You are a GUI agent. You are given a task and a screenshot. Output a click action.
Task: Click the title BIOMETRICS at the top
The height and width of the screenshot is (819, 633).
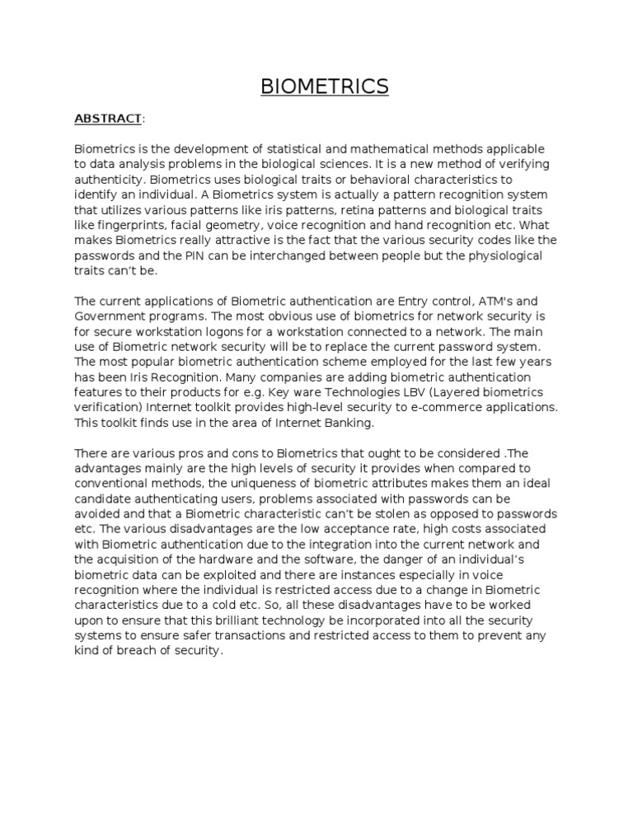click(x=324, y=87)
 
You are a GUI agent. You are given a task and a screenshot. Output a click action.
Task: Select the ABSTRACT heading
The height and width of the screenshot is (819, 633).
click(x=108, y=119)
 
